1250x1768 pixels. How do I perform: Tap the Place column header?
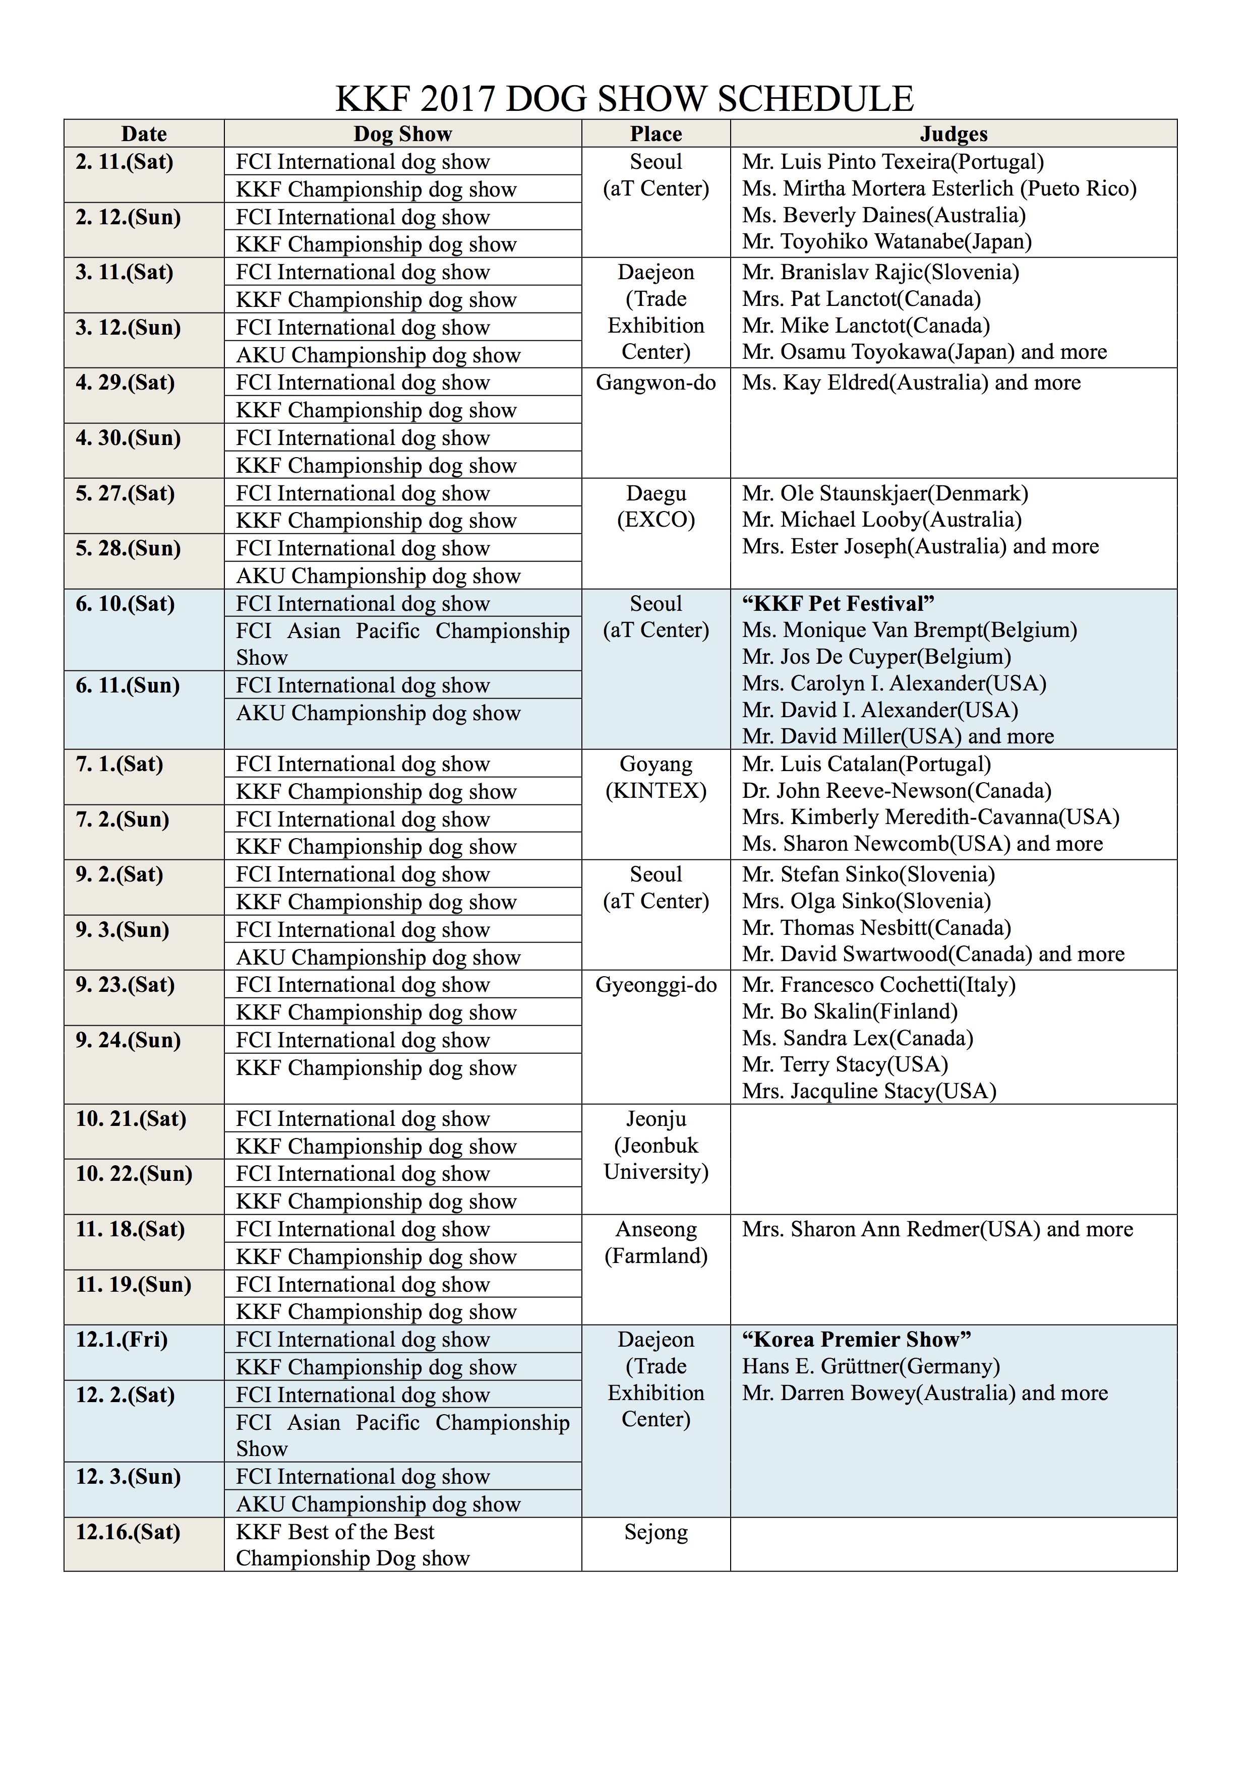pyautogui.click(x=656, y=134)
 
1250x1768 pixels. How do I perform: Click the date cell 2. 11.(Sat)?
pyautogui.click(x=125, y=162)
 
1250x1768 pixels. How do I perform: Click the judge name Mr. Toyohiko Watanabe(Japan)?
pyautogui.click(x=886, y=242)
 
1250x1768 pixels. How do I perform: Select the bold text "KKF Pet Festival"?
pyautogui.click(x=838, y=604)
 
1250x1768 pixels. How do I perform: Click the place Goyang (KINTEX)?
pyautogui.click(x=656, y=778)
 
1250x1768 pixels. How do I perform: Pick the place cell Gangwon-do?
pyautogui.click(x=656, y=383)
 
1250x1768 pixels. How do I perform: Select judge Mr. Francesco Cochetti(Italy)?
pyautogui.click(x=879, y=985)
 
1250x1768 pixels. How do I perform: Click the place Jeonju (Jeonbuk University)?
pyautogui.click(x=656, y=1146)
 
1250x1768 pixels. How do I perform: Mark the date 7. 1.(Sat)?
pyautogui.click(x=120, y=765)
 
